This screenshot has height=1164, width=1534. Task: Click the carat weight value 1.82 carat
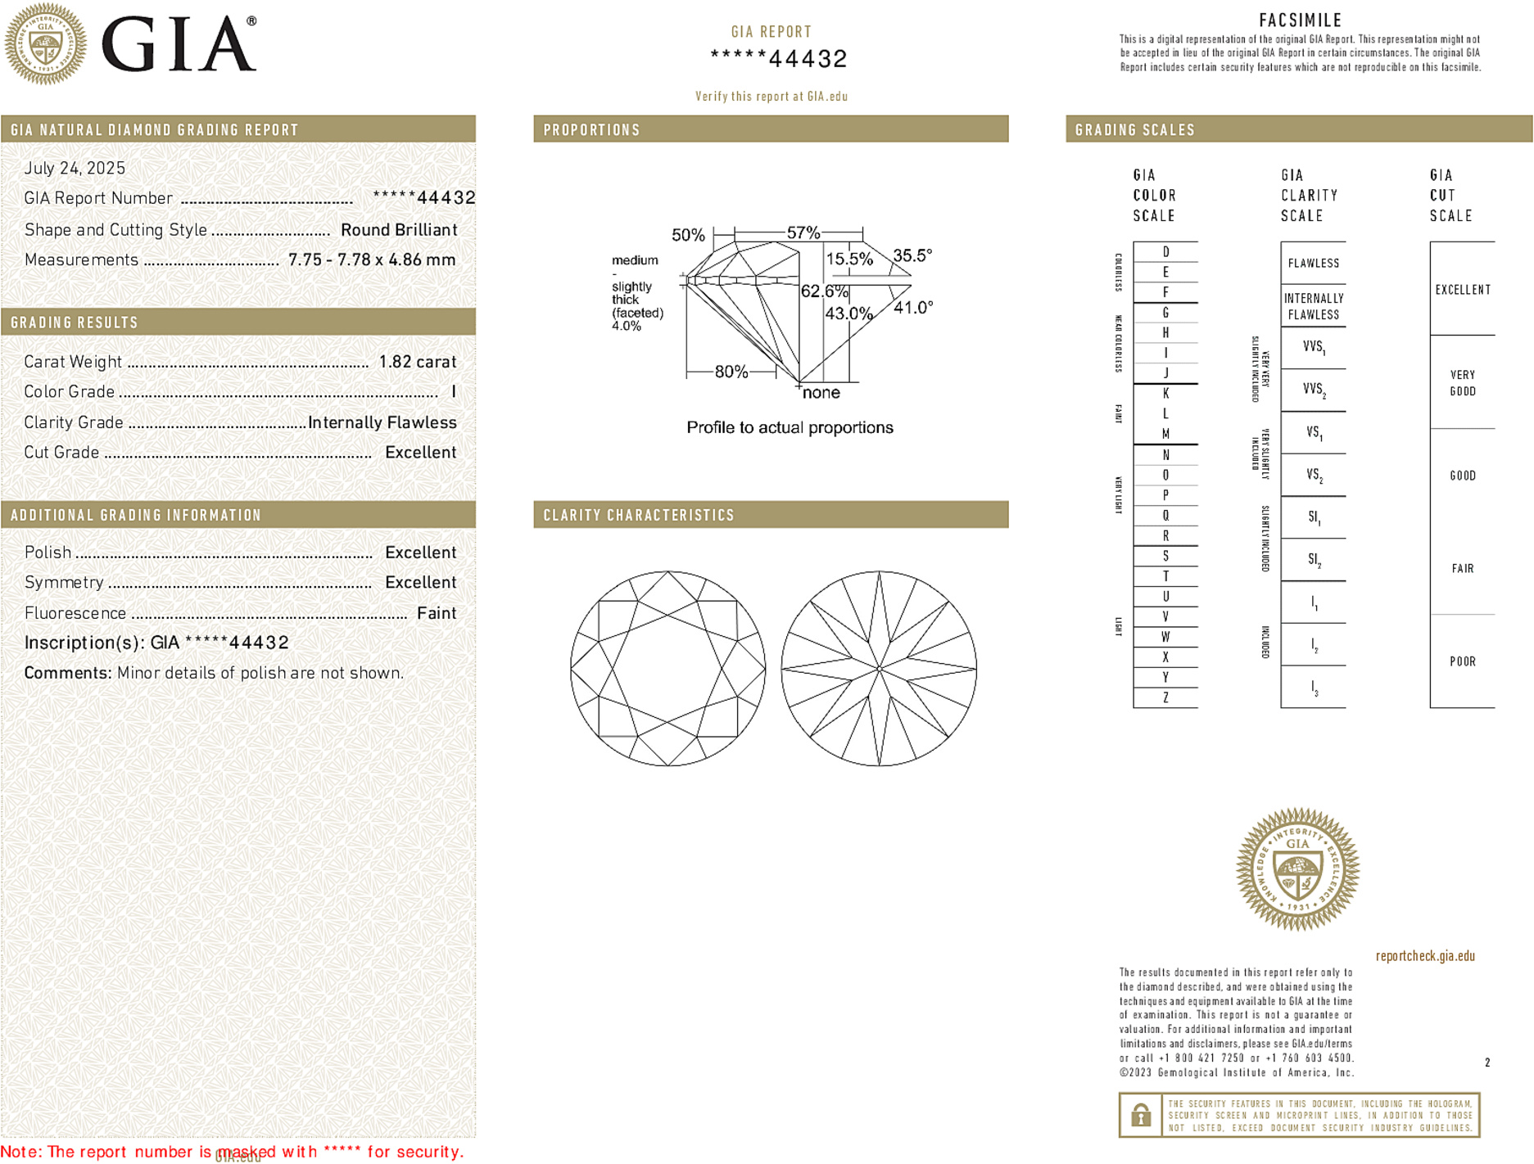pos(417,362)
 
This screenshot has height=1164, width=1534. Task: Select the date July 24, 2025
pos(75,168)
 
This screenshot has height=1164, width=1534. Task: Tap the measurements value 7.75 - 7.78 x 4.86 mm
pos(372,260)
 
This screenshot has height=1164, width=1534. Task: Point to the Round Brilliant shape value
pos(399,230)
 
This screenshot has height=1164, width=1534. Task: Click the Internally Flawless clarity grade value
pos(382,422)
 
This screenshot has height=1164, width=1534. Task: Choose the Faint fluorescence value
pos(437,613)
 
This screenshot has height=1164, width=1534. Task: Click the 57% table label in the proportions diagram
pos(803,232)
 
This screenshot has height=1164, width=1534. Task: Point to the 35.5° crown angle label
pos(912,255)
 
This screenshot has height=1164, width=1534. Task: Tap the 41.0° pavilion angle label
pos(913,308)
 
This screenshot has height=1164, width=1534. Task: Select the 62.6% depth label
pos(824,291)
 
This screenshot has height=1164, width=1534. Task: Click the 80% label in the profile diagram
pos(731,372)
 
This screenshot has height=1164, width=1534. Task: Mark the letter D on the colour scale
pos(1165,252)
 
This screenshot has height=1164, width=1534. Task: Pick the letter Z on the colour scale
pos(1165,697)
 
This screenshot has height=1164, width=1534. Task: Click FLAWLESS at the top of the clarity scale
pos(1313,264)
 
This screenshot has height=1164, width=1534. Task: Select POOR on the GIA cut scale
pos(1462,661)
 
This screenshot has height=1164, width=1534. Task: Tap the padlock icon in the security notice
pos(1140,1115)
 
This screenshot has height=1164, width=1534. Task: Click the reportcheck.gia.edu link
pos(1425,956)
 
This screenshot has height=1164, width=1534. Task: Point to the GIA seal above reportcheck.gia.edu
pos(1297,869)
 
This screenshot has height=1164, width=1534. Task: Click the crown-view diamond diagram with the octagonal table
pos(668,669)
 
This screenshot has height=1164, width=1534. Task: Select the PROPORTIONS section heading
pos(591,130)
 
